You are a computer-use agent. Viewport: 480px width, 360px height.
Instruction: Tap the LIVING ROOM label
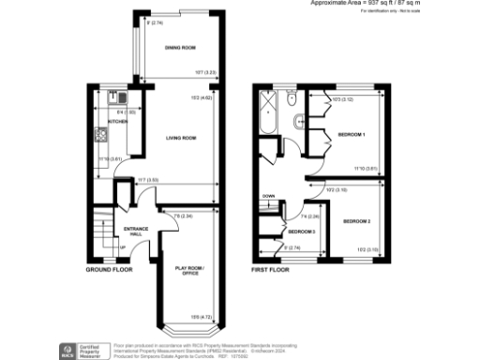(180, 139)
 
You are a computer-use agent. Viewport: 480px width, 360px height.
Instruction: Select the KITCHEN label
(117, 121)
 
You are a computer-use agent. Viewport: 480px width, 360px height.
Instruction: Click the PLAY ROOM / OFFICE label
(191, 272)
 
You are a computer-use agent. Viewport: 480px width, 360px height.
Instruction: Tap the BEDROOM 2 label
(356, 221)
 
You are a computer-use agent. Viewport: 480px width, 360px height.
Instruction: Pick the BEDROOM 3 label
(302, 232)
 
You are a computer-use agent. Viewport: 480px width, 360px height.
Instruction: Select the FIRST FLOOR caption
(271, 269)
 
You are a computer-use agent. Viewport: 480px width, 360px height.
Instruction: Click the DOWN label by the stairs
(268, 197)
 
